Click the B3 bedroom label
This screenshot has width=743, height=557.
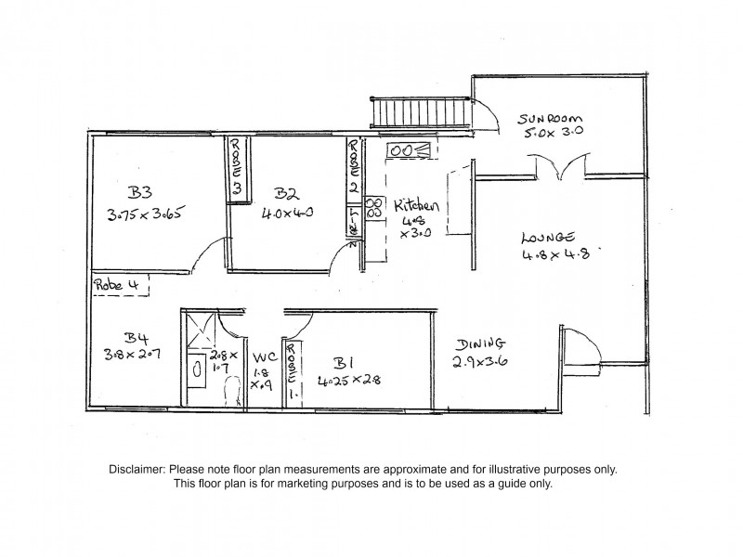140,192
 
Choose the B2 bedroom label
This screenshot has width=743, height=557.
286,193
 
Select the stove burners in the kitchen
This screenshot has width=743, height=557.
374,207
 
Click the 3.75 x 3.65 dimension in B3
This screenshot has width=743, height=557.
148,214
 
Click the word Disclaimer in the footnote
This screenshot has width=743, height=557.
137,470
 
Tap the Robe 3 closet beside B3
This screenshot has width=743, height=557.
237,167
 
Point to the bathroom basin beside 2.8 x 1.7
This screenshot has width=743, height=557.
198,368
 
